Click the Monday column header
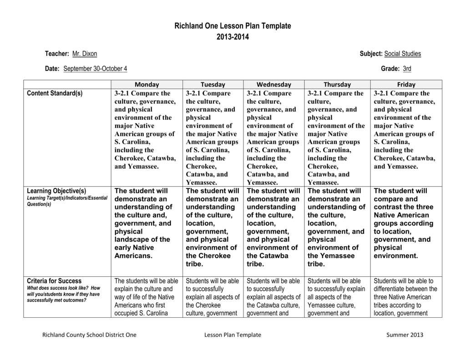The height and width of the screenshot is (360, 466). tap(147, 85)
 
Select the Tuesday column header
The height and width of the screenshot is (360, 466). tap(213, 85)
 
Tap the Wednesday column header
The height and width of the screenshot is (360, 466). tap(274, 85)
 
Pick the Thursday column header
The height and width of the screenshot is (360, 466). tap(337, 85)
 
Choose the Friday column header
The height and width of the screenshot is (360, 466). tap(406, 85)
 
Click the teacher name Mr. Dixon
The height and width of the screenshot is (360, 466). tap(85, 54)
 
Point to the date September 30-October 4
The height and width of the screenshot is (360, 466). tap(95, 69)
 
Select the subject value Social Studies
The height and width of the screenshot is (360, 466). tap(402, 54)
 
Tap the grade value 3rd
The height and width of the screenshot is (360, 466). tap(407, 69)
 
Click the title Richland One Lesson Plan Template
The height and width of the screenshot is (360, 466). tap(233, 26)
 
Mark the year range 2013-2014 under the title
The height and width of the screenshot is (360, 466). tap(233, 37)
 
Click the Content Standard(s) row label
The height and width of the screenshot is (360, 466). tap(55, 93)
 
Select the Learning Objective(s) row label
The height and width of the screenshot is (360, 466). tap(56, 191)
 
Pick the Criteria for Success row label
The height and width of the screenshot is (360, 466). tap(54, 281)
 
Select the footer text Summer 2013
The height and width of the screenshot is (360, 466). tap(405, 335)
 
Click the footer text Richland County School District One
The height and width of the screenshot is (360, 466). tap(89, 335)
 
